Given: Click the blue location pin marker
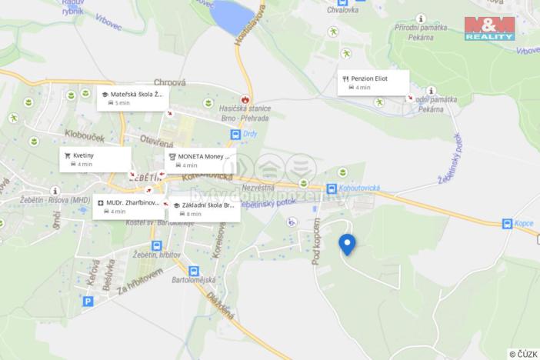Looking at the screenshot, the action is tap(347, 244).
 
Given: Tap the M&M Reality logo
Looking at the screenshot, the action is tap(489, 28).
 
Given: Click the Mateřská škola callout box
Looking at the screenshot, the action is tap(132, 98).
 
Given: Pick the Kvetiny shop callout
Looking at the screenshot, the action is tap(95, 158).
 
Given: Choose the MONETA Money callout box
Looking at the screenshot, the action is tap(199, 160).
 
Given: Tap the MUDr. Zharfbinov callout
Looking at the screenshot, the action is tap(128, 206).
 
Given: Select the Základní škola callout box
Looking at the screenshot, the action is tap(203, 209).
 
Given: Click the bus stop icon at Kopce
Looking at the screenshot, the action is tap(507, 224).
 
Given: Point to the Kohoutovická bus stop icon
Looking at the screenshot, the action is tap(332, 188).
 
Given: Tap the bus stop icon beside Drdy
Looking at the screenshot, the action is tap(236, 135).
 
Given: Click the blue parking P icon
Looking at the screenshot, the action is tap(88, 302).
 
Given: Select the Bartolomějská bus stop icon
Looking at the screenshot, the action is tap(193, 271).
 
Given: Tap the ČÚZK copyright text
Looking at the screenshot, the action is tap(522, 354).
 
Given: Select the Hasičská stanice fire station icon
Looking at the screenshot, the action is tap(245, 100).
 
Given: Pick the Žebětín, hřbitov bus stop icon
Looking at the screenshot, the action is tap(157, 246).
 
